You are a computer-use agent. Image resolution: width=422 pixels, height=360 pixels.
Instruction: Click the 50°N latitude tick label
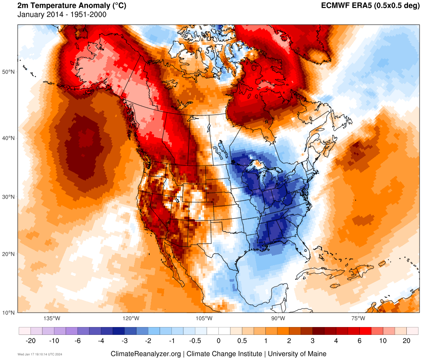(9, 72)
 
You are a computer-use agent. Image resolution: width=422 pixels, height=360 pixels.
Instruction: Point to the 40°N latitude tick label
(9, 138)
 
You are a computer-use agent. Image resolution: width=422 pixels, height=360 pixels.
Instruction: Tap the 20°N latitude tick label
(9, 254)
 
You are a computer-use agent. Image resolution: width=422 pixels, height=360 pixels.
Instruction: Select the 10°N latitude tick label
(9, 312)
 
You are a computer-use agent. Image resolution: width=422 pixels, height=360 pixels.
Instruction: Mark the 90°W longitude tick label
(278, 318)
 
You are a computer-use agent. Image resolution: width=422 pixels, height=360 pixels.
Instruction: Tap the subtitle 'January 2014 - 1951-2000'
(62, 15)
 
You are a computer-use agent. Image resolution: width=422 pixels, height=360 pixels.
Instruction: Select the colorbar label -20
(30, 341)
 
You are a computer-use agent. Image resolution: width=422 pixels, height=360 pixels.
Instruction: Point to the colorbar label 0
(218, 341)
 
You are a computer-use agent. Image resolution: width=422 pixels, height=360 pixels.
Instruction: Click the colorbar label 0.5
(242, 341)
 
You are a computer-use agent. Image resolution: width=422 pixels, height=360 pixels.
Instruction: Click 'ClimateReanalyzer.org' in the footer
(145, 354)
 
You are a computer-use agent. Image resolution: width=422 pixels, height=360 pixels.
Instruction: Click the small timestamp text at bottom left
(40, 354)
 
